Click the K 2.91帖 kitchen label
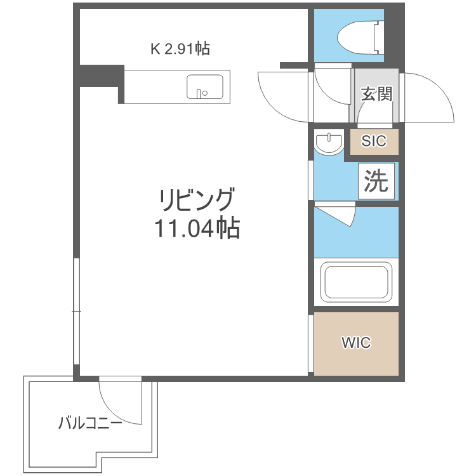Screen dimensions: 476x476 click(x=180, y=48)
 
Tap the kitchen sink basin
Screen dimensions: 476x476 click(x=204, y=86)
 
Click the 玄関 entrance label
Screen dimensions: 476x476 click(x=376, y=93)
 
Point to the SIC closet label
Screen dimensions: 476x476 click(x=374, y=142)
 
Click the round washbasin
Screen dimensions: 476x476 click(x=328, y=143)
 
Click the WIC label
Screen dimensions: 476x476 click(x=356, y=343)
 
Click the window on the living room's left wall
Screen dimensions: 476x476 click(x=76, y=311)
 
